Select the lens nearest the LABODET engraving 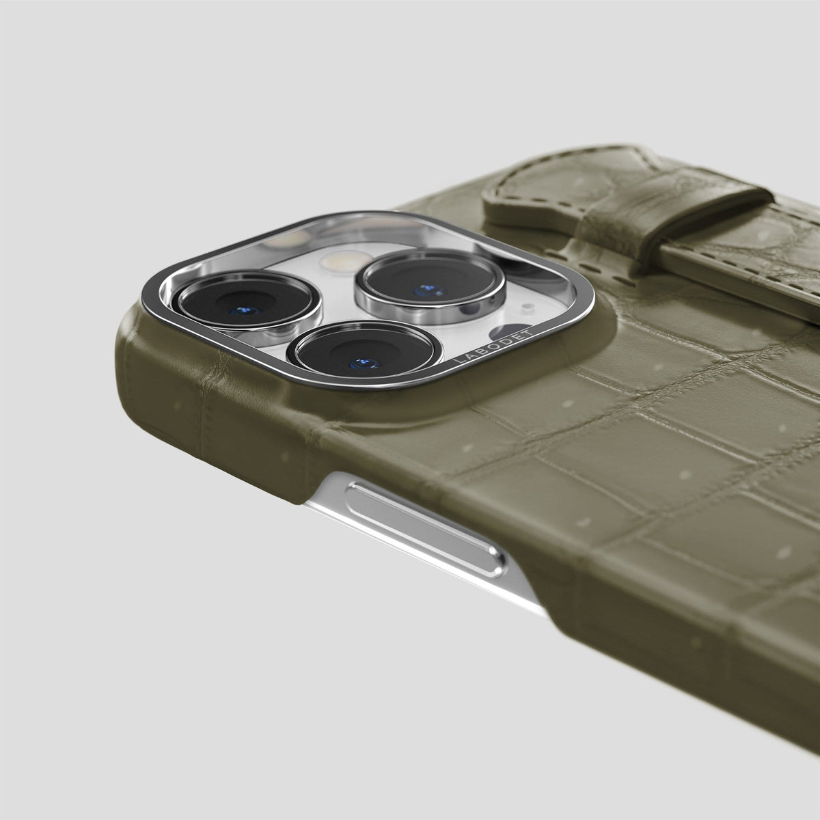click(364, 353)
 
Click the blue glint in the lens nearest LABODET click(363, 364)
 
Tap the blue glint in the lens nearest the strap click(429, 290)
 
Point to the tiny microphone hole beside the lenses click(528, 305)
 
